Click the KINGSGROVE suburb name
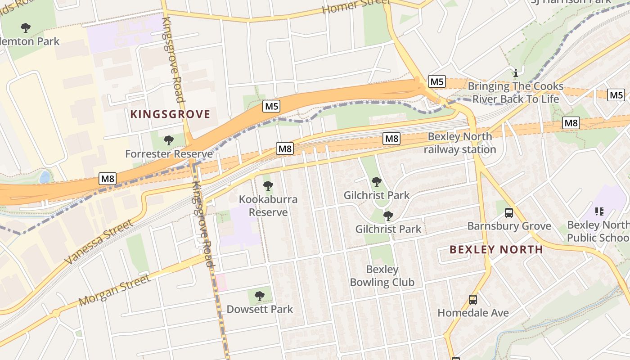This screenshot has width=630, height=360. (170, 114)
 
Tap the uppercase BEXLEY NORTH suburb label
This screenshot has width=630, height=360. (496, 250)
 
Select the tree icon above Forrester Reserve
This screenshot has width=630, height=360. (169, 140)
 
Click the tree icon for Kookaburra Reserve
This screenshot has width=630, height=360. (268, 185)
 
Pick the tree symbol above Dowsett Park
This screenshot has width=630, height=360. (259, 296)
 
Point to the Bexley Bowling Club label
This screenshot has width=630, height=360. (382, 276)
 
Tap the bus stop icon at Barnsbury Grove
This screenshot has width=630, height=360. (509, 213)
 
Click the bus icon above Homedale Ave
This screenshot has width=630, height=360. (473, 299)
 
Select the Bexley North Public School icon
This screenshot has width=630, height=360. (599, 211)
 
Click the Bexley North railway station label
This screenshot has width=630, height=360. (459, 143)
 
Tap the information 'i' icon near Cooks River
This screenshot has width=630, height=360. (516, 72)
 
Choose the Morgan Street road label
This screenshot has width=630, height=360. (115, 289)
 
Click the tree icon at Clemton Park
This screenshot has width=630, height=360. (26, 28)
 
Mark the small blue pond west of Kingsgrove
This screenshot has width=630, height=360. (45, 177)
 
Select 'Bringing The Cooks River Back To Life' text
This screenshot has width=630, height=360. (515, 92)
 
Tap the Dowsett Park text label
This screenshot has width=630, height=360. (260, 309)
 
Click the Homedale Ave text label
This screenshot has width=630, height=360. (473, 313)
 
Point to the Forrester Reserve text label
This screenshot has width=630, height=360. (169, 154)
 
